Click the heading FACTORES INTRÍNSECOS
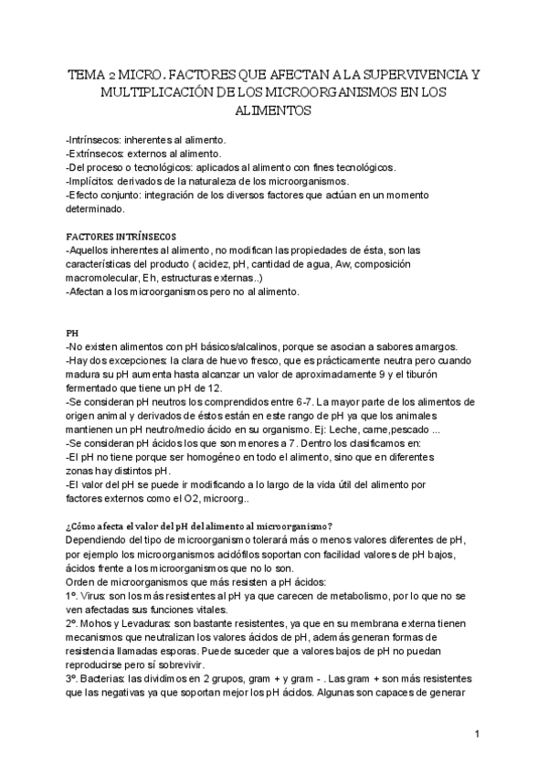click(115, 237)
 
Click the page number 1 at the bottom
click(478, 734)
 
